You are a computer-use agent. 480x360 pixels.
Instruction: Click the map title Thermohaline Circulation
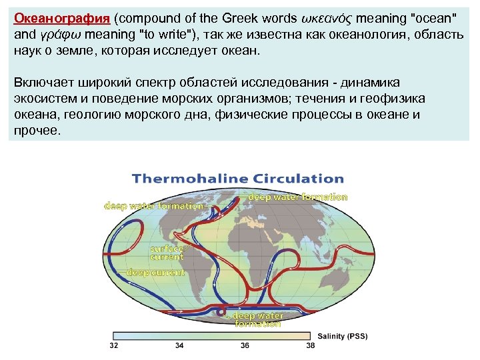[x=238, y=179]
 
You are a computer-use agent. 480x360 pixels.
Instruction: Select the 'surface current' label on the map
[x=166, y=253]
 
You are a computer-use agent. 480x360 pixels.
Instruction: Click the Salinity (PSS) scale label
[x=342, y=335]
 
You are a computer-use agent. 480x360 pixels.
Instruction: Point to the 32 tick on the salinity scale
[x=113, y=346]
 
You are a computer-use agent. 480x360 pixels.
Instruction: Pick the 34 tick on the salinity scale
[x=179, y=346]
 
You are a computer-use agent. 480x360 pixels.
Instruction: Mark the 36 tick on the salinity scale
[x=245, y=346]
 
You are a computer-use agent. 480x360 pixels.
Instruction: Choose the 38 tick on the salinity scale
[x=310, y=346]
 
